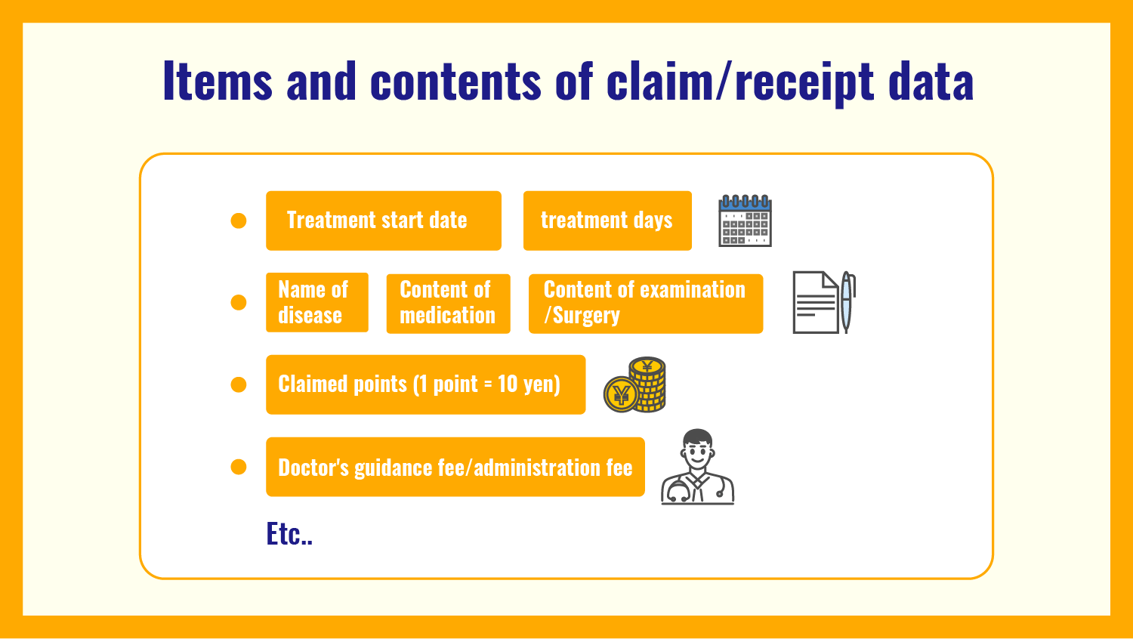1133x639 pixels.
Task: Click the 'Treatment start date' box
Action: [383, 221]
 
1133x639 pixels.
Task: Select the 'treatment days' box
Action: [607, 221]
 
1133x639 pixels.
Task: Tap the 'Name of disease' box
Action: [316, 302]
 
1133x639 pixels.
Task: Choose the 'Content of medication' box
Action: [448, 303]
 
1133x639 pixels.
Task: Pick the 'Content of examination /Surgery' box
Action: [645, 303]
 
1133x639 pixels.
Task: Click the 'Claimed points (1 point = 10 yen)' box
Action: [425, 384]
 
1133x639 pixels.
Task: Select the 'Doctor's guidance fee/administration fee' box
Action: [455, 467]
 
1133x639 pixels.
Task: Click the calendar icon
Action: [745, 221]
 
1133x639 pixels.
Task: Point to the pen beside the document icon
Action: [847, 302]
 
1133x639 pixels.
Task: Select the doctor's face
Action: [697, 452]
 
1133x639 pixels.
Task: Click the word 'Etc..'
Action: [289, 534]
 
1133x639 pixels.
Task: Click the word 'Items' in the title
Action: [217, 81]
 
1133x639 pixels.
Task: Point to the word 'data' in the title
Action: [931, 81]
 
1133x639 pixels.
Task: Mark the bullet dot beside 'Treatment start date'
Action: [239, 221]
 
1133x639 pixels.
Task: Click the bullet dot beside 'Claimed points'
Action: [239, 384]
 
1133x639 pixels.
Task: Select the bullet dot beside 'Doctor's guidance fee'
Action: [239, 467]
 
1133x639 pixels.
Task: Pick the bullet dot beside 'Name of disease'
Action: [239, 302]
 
